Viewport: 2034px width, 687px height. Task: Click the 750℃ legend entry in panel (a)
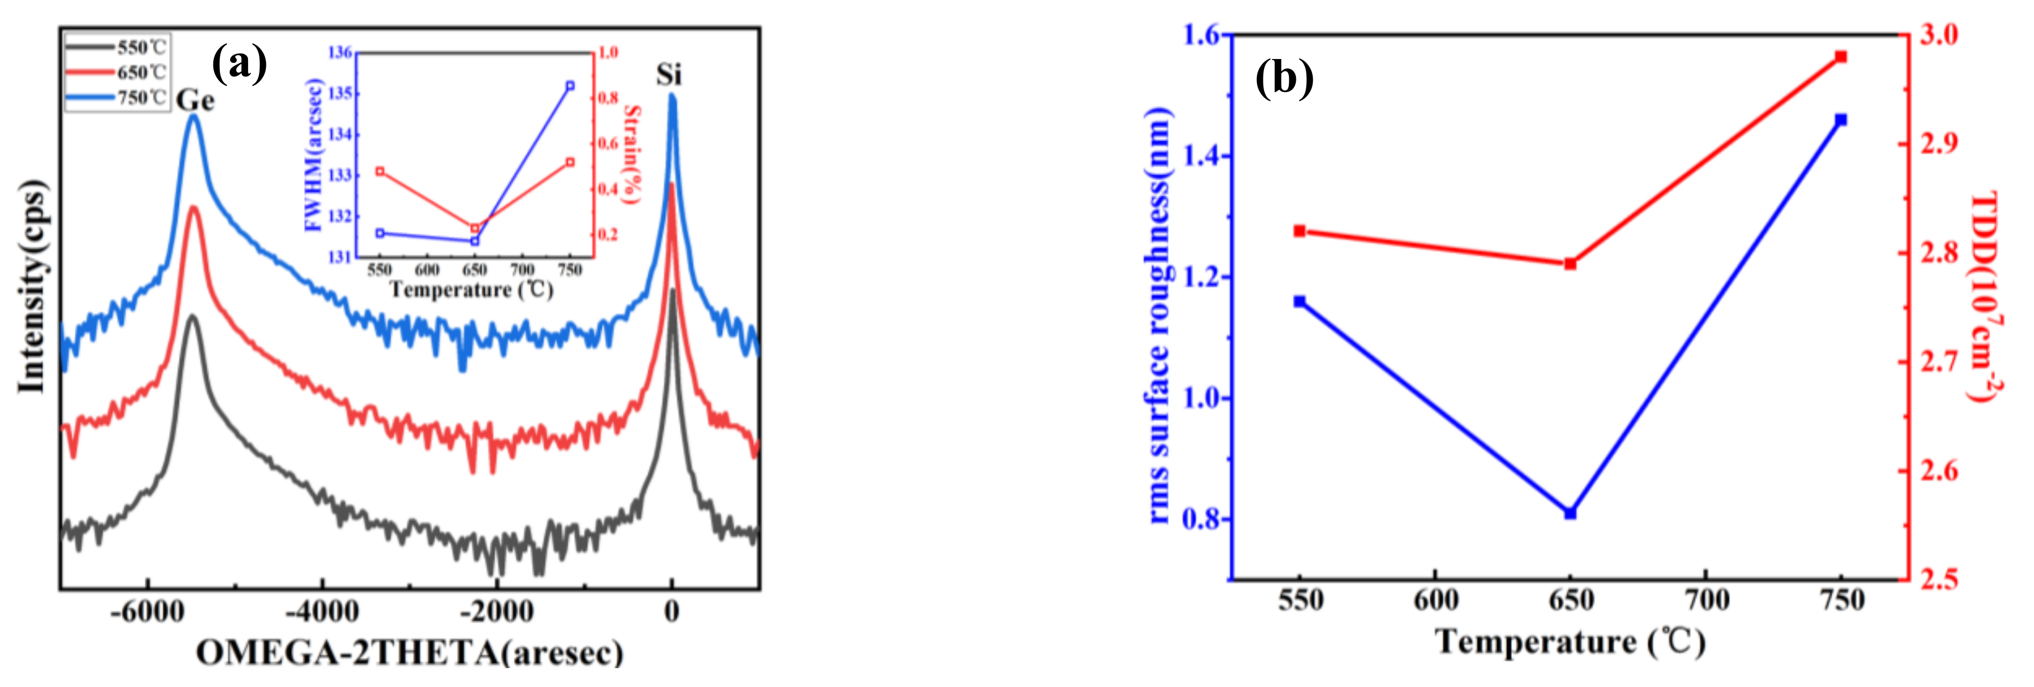119,97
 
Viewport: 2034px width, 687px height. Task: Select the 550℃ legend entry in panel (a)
119,47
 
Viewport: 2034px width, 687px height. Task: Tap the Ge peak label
195,100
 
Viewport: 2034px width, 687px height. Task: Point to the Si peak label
668,75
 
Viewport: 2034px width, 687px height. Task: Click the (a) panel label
240,63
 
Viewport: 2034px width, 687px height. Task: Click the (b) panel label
1284,78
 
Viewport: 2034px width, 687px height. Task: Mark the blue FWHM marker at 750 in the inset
570,86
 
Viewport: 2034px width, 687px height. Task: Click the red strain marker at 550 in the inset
380,172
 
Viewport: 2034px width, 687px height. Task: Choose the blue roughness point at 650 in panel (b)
1570,513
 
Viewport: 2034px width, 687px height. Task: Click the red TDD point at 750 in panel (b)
1841,57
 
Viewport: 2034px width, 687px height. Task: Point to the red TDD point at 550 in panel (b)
1300,231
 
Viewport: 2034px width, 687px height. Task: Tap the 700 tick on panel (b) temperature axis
1706,600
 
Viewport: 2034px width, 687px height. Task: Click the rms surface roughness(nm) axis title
1158,316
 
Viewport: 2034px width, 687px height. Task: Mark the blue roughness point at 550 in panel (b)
1300,301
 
